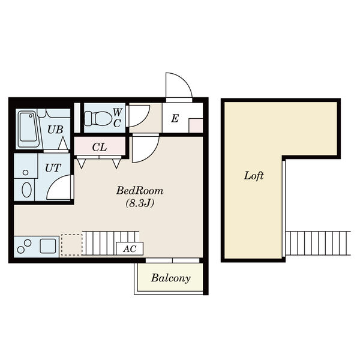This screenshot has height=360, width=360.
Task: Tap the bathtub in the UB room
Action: pyautogui.click(x=28, y=129)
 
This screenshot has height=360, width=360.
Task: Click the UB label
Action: pyautogui.click(x=55, y=130)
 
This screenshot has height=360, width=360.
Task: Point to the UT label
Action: pyautogui.click(x=53, y=168)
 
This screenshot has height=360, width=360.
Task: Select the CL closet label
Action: pyautogui.click(x=100, y=148)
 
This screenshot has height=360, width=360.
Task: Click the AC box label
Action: pyautogui.click(x=130, y=249)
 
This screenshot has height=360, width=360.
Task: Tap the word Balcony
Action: pyautogui.click(x=171, y=278)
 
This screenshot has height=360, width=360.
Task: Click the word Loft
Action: pyautogui.click(x=254, y=176)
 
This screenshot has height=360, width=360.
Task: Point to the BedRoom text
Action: pyautogui.click(x=140, y=191)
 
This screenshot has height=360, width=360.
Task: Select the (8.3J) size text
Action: pyautogui.click(x=140, y=203)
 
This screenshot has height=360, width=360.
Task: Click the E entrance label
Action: pyautogui.click(x=175, y=118)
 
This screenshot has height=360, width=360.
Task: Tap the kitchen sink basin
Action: pyautogui.click(x=48, y=246)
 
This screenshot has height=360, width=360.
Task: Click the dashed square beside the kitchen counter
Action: pyautogui.click(x=71, y=245)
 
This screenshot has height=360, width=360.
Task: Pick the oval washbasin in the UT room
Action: pyautogui.click(x=26, y=190)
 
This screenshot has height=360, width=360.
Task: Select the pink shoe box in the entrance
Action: pyautogui.click(x=196, y=125)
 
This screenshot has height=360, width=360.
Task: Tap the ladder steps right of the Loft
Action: pyautogui.click(x=318, y=243)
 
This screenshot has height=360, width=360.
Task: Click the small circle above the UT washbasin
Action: pyautogui.click(x=25, y=172)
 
